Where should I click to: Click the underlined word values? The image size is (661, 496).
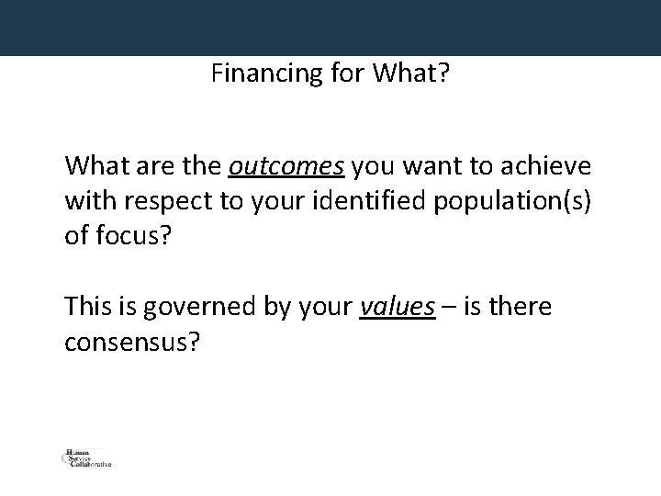[397, 307]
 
